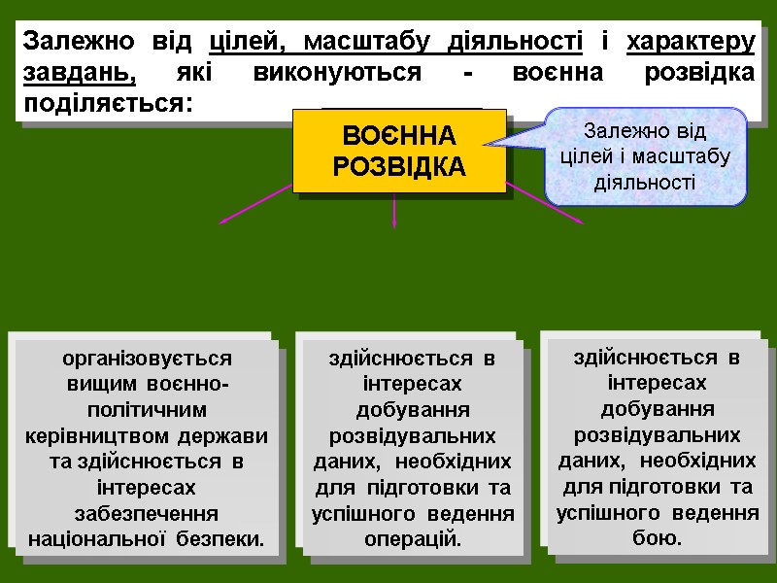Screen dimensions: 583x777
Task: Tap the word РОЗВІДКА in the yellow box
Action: pyautogui.click(x=399, y=166)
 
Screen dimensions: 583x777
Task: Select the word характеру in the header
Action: pyautogui.click(x=691, y=44)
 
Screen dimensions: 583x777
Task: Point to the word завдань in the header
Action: pyautogui.click(x=78, y=74)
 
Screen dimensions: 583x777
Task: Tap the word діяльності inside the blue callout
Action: pyautogui.click(x=645, y=182)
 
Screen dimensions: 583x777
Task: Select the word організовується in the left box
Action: pyautogui.click(x=147, y=358)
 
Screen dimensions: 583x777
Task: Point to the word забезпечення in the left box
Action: pyautogui.click(x=147, y=511)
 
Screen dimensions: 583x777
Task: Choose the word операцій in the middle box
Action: pyautogui.click(x=412, y=537)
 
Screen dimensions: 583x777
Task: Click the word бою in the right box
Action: pyautogui.click(x=657, y=536)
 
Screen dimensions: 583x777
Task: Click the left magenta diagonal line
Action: pyautogui.click(x=254, y=205)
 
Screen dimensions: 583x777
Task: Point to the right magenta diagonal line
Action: pyautogui.click(x=546, y=203)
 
